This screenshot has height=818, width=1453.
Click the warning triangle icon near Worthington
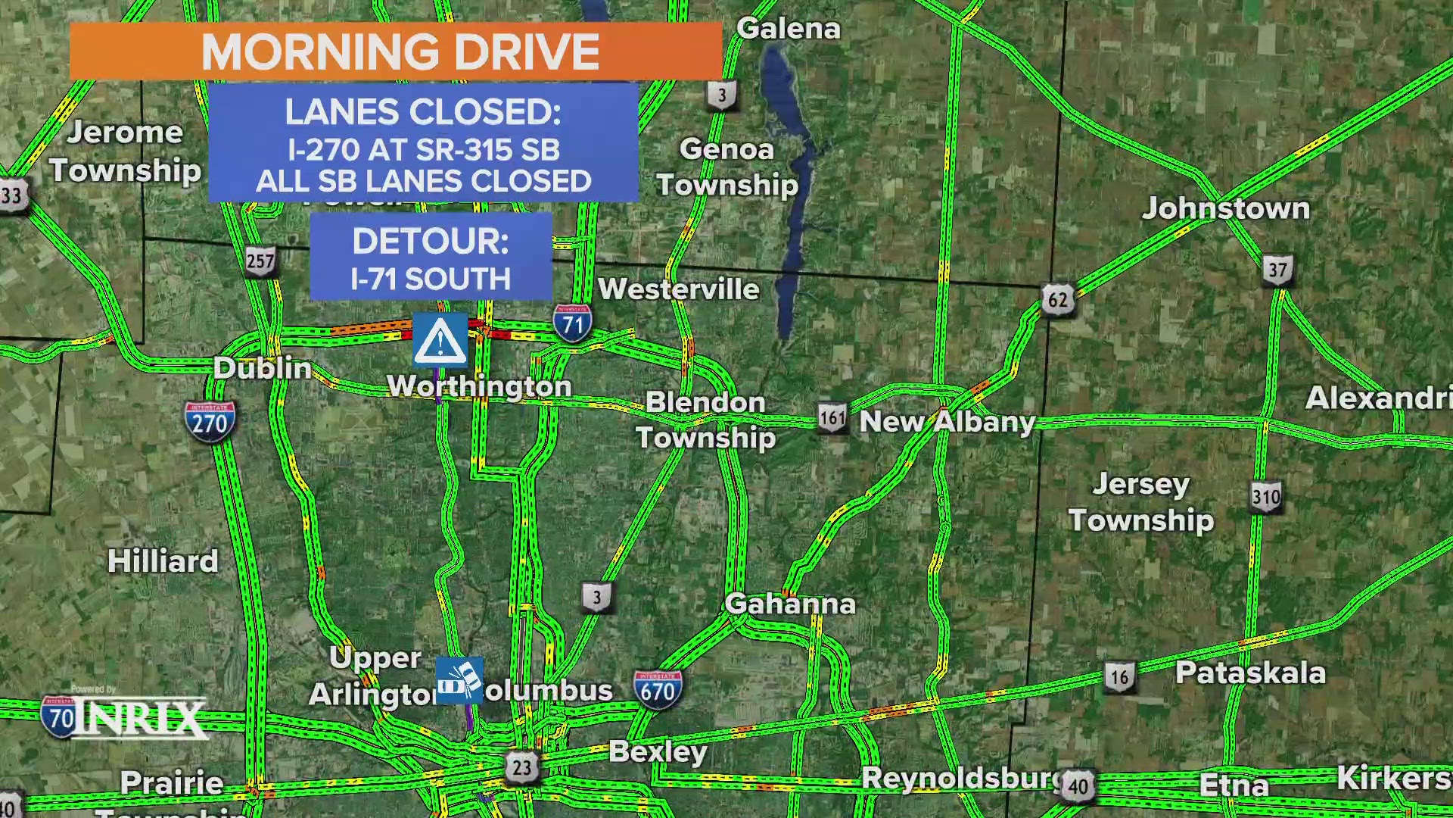point(440,340)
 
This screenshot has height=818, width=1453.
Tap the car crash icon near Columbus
point(459,680)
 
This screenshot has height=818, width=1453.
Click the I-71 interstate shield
point(573,324)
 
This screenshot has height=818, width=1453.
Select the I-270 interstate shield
point(210,421)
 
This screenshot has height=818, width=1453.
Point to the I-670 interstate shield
point(657,690)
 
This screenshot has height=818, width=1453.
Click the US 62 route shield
point(1057,300)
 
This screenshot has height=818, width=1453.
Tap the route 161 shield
point(832,418)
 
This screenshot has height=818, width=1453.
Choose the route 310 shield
point(1265,497)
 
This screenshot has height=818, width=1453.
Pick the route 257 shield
point(260,261)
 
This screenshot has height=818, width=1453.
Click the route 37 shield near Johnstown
point(1277,270)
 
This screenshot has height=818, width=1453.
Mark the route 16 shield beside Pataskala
point(1119,676)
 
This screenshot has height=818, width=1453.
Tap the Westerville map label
point(679,289)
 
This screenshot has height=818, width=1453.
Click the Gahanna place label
point(790,604)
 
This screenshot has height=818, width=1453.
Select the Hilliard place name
point(163,561)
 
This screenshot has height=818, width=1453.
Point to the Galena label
point(789,29)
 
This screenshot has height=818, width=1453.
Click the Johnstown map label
point(1226,208)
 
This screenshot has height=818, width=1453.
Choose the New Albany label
point(947,422)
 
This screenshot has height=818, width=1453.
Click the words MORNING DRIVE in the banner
point(400,52)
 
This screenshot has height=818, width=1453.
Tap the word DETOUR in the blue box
point(431,242)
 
